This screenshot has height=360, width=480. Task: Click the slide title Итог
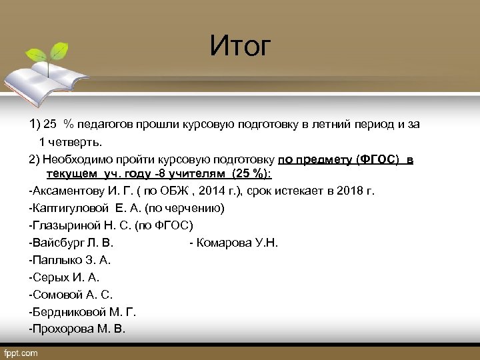tap(241, 46)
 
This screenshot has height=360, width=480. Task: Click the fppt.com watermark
tap(21, 352)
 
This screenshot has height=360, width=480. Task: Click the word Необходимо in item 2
tap(77, 160)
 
